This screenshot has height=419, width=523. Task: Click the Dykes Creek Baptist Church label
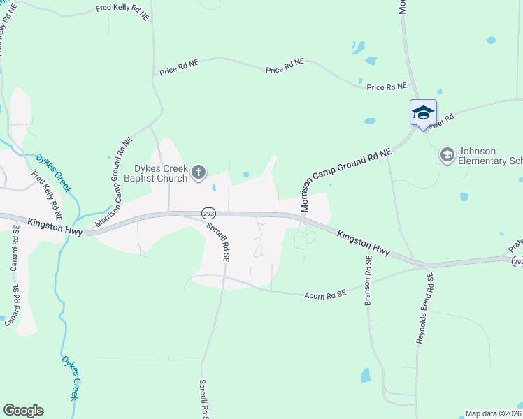[x=161, y=173]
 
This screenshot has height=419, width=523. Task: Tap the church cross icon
[x=199, y=172]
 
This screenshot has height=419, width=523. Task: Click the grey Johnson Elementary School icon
[x=447, y=154]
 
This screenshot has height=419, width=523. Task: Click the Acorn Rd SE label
[x=325, y=295]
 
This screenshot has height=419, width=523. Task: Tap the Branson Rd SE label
[x=368, y=280]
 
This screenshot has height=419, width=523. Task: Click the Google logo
[x=23, y=411]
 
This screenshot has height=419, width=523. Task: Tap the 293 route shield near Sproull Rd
[x=208, y=212]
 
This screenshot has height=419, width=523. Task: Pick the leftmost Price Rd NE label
[x=178, y=71]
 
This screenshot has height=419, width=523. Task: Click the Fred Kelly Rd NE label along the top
[x=123, y=10]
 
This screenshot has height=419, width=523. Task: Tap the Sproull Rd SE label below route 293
[x=217, y=240]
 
